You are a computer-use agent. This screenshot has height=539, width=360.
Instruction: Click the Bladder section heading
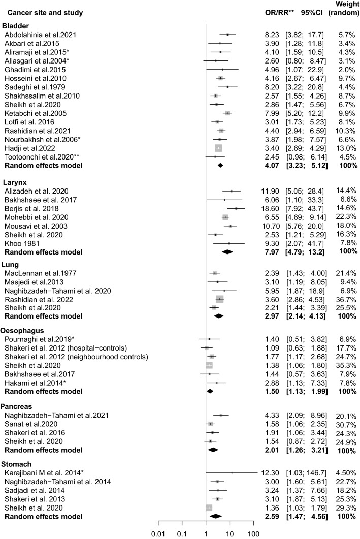pyautogui.click(x=16, y=26)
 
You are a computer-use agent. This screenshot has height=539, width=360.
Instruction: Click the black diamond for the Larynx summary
pyautogui.click(x=227, y=251)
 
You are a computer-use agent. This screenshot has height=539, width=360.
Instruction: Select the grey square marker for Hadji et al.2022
pyautogui.click(x=219, y=148)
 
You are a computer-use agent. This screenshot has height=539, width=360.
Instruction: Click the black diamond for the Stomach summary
pyautogui.click(x=216, y=517)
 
